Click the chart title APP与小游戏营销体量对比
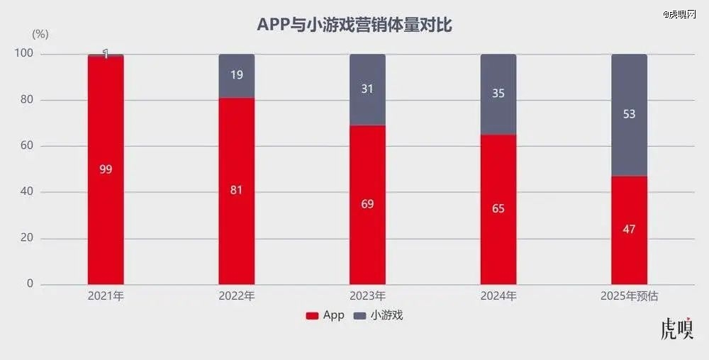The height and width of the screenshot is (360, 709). click(354, 26)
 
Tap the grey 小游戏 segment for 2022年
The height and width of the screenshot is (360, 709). click(236, 76)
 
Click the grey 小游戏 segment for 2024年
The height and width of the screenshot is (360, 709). click(498, 94)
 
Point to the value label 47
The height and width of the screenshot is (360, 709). click(629, 230)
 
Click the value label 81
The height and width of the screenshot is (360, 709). click(236, 190)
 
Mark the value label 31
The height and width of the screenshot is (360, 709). click(367, 89)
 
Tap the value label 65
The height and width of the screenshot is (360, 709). click(498, 209)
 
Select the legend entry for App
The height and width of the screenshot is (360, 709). click(325, 316)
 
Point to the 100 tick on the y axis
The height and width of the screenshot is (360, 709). click(23, 54)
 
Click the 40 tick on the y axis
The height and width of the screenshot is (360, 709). click(26, 192)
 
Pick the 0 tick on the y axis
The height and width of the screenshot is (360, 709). click(30, 284)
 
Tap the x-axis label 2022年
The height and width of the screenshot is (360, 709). click(236, 297)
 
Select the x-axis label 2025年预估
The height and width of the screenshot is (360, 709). click(629, 297)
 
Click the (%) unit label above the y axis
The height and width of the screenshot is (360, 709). click(40, 34)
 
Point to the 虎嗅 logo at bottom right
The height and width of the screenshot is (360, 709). click(676, 330)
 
